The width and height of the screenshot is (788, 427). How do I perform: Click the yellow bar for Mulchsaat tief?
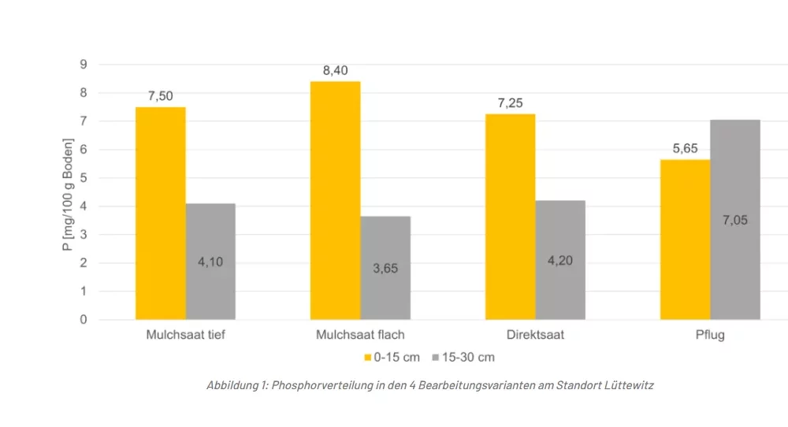[161, 213]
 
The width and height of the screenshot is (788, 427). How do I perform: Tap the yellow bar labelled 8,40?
[336, 200]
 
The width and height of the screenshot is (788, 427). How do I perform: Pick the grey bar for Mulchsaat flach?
[385, 268]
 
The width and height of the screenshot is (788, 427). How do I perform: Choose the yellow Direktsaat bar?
[511, 217]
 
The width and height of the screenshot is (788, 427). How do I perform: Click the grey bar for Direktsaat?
[560, 260]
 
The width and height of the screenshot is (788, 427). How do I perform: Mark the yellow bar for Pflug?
[685, 239]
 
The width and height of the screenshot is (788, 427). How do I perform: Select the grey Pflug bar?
[735, 220]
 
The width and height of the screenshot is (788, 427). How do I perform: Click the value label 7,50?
[160, 96]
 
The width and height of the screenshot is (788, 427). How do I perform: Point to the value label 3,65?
[385, 268]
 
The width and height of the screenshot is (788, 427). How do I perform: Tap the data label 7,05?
[735, 220]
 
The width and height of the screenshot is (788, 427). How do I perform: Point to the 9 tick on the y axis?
[83, 65]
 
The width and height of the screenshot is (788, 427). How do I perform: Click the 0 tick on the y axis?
[83, 320]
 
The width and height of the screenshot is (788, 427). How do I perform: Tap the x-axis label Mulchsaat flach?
[360, 334]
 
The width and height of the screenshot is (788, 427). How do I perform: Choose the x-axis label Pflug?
[710, 334]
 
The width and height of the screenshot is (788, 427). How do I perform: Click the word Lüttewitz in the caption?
[626, 385]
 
